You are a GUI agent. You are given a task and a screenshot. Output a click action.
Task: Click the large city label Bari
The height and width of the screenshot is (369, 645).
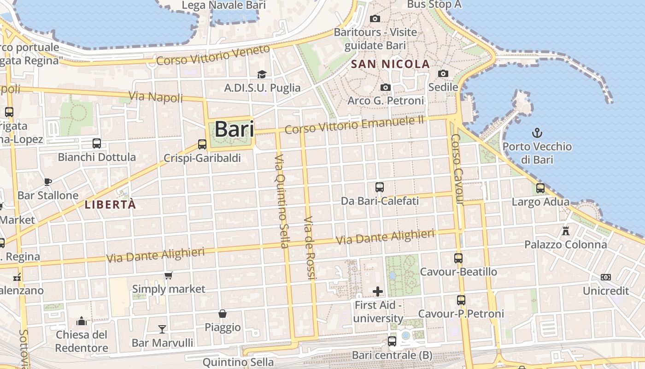coord(234,129)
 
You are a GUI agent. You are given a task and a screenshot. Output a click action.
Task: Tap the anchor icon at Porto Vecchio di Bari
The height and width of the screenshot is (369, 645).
coord(537,133)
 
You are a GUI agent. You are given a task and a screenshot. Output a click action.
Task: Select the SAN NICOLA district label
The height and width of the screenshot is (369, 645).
coord(390,64)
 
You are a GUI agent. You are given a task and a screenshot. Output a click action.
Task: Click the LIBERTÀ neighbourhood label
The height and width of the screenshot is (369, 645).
coord(111,204)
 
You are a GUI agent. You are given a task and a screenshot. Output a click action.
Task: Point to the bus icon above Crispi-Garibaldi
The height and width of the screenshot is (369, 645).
coord(202,144)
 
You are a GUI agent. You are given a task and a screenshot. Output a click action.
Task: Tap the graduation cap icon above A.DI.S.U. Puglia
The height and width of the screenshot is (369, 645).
coord(262,74)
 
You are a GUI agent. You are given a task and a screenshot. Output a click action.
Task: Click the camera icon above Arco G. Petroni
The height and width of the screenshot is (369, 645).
coord(385,87)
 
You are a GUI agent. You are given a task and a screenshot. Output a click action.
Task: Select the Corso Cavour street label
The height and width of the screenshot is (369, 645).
coord(457,169)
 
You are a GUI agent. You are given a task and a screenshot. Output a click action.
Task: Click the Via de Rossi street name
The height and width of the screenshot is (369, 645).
coord(310,248)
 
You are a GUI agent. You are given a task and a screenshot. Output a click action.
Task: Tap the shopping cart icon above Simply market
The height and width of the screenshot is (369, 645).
coord(168,275)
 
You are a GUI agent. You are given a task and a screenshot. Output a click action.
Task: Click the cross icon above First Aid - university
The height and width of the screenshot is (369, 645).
coord(378,291)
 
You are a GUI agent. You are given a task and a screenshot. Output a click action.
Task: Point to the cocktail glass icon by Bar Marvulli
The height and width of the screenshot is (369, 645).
coord(162,329)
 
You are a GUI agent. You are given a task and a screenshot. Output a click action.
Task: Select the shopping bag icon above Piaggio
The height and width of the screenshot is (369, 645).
coord(223,314)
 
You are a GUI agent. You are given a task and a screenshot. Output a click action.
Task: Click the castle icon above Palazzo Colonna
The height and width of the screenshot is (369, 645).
coord(566,231)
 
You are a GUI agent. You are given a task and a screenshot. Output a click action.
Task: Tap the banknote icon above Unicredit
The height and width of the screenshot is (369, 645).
coord(606,277)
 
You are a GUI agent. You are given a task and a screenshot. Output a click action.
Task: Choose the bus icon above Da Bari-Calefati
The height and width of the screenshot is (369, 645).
coord(380,187)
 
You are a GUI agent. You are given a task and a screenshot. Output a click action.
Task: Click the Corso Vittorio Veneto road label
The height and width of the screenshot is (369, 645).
coord(213,56)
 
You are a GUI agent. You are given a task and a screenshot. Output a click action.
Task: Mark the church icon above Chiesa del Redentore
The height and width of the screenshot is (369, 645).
coord(82,321)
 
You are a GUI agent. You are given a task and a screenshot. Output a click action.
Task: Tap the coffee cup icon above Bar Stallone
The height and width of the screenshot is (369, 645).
coord(48,181)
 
